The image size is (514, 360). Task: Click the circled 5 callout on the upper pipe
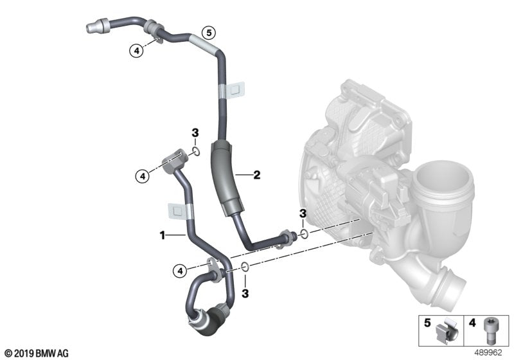tap(207, 32)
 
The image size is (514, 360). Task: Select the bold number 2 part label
tap(256, 174)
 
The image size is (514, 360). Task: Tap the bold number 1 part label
tap(163, 236)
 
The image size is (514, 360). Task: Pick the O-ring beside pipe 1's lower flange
tap(245, 267)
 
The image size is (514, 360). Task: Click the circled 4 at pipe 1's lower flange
tap(181, 269)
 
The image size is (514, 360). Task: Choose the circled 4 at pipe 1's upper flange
tap(143, 174)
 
